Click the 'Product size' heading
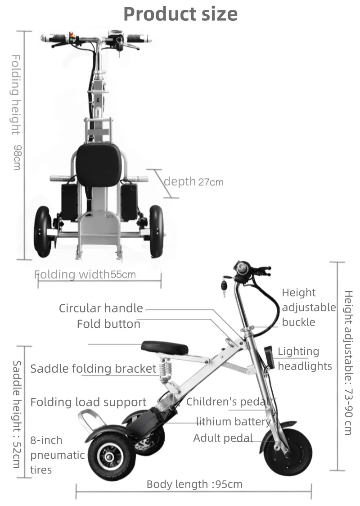(x=180, y=14)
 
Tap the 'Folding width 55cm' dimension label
(x=85, y=274)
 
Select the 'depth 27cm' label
(x=193, y=181)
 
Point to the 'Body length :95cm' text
(x=194, y=484)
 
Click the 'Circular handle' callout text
(x=101, y=308)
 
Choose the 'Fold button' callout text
(x=108, y=324)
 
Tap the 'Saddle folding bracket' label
(x=93, y=368)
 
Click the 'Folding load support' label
(x=88, y=402)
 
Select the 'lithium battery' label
(x=233, y=421)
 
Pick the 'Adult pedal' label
(x=223, y=438)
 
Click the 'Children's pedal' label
(x=228, y=402)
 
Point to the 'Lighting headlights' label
(x=305, y=359)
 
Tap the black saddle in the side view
(x=164, y=347)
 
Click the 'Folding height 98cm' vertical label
(x=16, y=113)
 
